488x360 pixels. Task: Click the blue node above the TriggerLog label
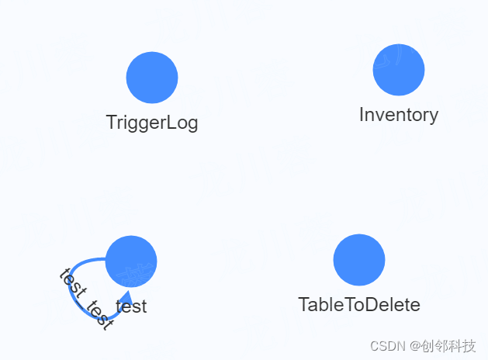click(x=152, y=78)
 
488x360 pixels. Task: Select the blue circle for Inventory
click(x=399, y=70)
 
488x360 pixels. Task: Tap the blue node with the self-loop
click(x=131, y=261)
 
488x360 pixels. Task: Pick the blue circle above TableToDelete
click(x=359, y=260)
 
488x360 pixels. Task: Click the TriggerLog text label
click(x=152, y=123)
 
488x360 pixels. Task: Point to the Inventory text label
click(x=399, y=115)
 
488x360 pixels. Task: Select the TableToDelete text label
click(x=359, y=305)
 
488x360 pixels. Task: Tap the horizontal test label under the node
click(x=131, y=306)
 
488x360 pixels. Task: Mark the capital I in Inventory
click(x=362, y=115)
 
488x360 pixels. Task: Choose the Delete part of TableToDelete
click(x=396, y=305)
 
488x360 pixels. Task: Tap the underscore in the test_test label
click(x=85, y=302)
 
